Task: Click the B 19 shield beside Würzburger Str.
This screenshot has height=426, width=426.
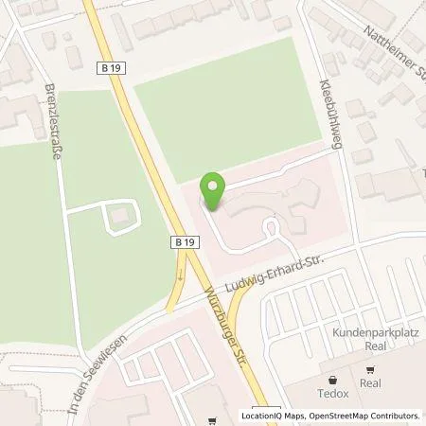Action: (185, 243)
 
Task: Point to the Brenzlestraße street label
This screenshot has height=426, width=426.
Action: (52, 124)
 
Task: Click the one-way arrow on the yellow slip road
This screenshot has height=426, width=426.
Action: (179, 276)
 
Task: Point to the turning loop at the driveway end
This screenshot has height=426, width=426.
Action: (274, 228)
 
